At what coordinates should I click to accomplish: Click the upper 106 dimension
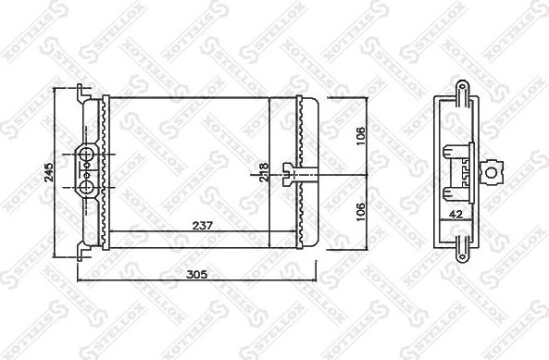361,130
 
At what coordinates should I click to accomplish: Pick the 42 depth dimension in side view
455,213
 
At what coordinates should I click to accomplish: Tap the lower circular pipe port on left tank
85,187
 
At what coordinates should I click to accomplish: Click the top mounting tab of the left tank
83,92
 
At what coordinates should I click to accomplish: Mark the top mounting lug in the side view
460,86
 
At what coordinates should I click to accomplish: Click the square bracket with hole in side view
496,171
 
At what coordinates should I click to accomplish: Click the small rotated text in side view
464,171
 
